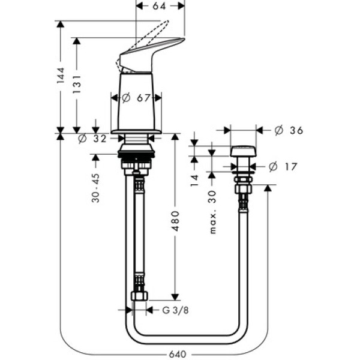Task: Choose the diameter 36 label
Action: click(288, 130)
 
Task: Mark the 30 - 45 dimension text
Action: click(96, 187)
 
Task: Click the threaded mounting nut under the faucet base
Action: click(137, 157)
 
